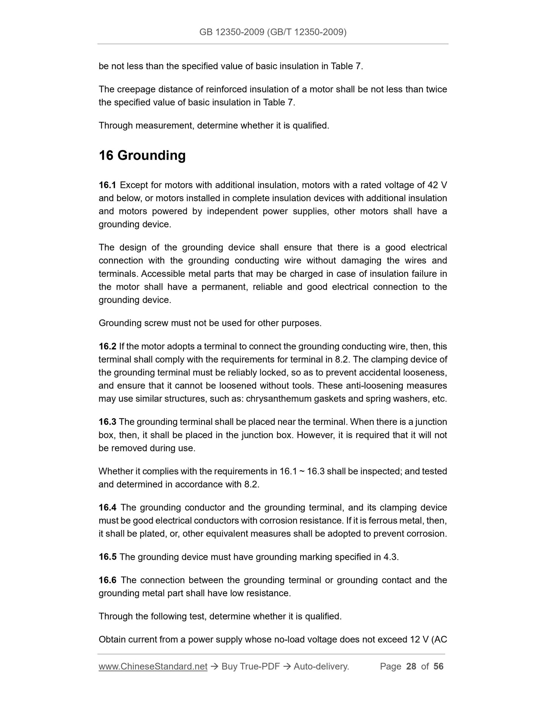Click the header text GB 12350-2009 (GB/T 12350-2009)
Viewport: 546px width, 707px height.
(x=273, y=32)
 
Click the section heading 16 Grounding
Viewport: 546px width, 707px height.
(x=142, y=155)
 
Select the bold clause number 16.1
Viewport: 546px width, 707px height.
(x=107, y=185)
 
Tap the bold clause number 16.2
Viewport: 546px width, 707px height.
(x=107, y=346)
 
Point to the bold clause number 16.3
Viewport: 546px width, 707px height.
(x=107, y=422)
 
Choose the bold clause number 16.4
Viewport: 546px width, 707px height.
(x=107, y=507)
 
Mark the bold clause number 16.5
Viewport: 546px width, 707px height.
(x=107, y=557)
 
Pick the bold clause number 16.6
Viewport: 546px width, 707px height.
(x=107, y=580)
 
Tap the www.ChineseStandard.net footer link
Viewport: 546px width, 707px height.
(x=153, y=666)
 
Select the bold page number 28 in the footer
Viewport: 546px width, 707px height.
(x=411, y=666)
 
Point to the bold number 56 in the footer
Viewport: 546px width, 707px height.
(x=438, y=666)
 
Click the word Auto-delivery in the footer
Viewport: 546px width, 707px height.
(x=321, y=666)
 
